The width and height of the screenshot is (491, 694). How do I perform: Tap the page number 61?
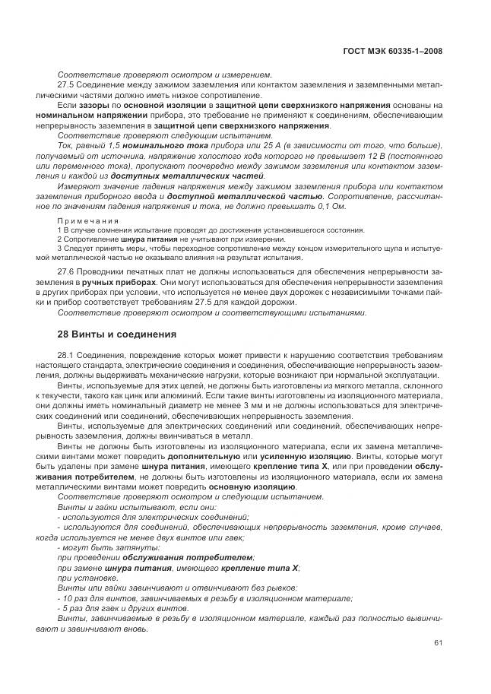[438, 644]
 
